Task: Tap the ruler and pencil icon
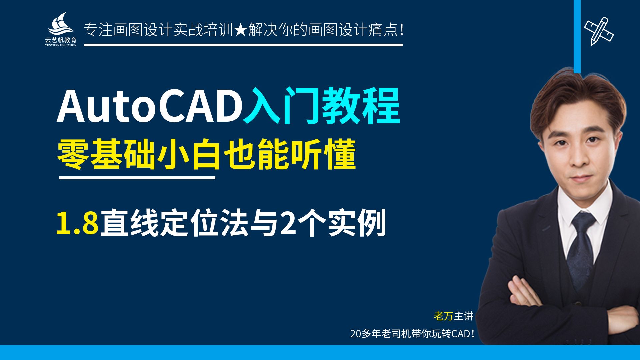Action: click(x=599, y=31)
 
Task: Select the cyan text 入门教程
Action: click(x=321, y=106)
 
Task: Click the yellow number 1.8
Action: click(x=77, y=223)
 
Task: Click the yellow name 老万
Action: click(x=443, y=316)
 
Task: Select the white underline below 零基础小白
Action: click(x=137, y=178)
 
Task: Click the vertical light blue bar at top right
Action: click(x=577, y=37)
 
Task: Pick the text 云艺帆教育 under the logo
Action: click(x=61, y=40)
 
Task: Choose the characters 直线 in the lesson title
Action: click(x=130, y=223)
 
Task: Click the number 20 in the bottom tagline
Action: click(x=355, y=334)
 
